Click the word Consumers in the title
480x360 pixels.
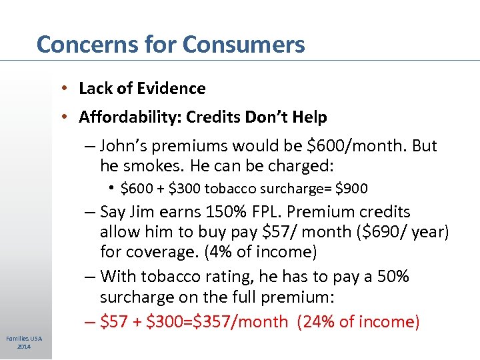243,45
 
